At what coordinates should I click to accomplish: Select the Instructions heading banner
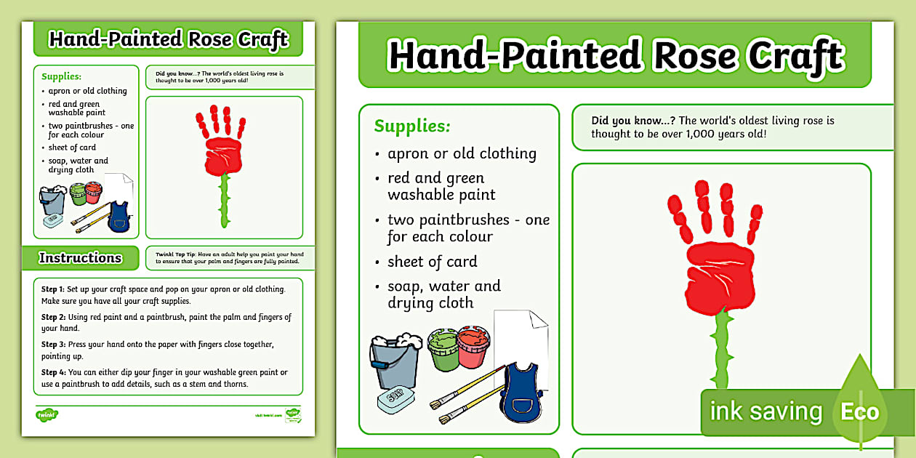point(80,257)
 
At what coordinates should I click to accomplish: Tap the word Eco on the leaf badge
point(860,412)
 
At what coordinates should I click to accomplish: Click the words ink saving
point(766,411)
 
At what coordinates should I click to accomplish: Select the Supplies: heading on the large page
point(412,126)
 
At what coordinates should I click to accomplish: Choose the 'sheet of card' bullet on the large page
point(432,262)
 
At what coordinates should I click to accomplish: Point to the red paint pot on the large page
point(473,347)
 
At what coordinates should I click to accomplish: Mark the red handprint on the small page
point(222,144)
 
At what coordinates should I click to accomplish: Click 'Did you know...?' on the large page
point(632,121)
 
